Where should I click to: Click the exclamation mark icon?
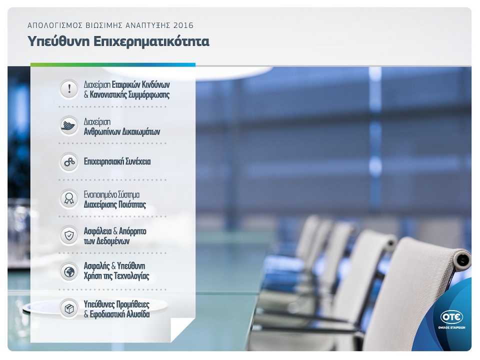pos(69,89)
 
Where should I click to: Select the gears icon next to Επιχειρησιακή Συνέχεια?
pos(69,162)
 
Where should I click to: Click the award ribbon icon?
pos(69,198)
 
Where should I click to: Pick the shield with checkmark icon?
pos(69,235)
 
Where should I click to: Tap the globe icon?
pos(69,271)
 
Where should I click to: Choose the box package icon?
pos(69,308)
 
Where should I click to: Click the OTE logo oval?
pos(451,317)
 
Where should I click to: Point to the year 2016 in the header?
pos(183,25)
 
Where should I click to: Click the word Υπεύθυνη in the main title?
pos(58,41)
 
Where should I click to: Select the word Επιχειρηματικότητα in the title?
pos(151,41)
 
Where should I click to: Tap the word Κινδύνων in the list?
pos(156,84)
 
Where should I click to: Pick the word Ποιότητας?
pos(132,204)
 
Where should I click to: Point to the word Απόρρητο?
pos(132,231)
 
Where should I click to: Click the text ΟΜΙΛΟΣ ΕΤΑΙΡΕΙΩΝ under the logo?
pos(451,327)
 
